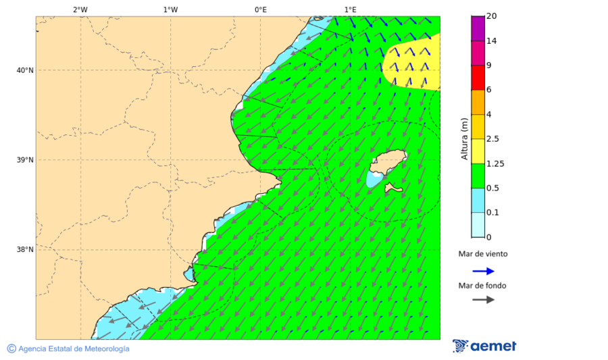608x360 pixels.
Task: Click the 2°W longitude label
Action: tap(80, 9)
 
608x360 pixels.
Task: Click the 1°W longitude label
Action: tap(170, 9)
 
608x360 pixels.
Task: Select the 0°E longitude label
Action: tap(260, 9)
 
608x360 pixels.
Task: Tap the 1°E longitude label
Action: tap(350, 9)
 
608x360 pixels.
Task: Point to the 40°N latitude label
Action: tap(25, 70)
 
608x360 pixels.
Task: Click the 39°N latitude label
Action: tap(25, 160)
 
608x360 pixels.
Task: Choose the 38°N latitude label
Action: tap(25, 250)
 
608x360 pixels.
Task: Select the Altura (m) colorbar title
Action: tap(464, 138)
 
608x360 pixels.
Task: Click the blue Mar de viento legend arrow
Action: tap(483, 271)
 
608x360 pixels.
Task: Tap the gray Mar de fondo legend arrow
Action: tap(483, 300)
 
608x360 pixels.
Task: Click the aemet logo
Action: tap(484, 346)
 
